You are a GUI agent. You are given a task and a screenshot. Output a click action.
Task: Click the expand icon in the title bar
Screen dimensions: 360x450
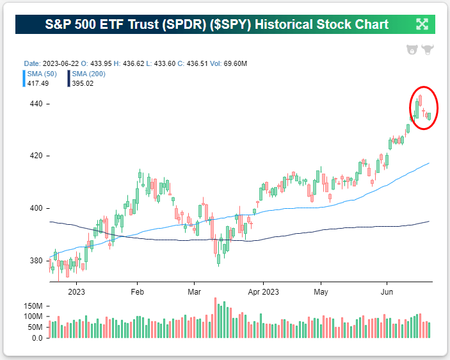tap(422, 24)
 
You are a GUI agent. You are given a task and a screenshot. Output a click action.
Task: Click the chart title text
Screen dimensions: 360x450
tap(216, 24)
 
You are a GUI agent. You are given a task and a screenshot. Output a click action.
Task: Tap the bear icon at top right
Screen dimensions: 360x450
tap(412, 50)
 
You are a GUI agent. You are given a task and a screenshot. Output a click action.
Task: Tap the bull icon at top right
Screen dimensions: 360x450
tap(427, 50)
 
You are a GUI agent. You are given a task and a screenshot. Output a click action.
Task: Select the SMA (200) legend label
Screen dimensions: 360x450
tap(88, 74)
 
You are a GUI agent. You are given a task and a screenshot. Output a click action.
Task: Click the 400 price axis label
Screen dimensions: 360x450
tap(35, 208)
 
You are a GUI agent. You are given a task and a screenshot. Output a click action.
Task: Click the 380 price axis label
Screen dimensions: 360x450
tap(35, 261)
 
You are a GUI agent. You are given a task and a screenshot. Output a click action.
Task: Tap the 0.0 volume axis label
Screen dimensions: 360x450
tap(38, 338)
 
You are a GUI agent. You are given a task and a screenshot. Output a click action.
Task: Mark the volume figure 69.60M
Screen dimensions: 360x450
tap(234, 64)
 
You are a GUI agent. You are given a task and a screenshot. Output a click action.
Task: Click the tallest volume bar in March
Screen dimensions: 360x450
tap(216, 318)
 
